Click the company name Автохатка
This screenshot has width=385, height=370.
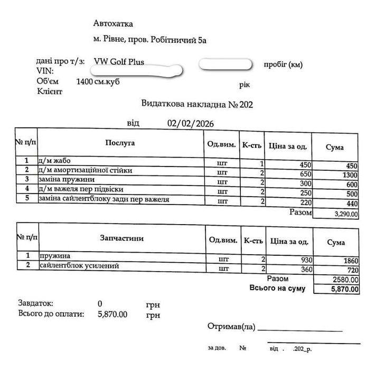pyautogui.click(x=113, y=23)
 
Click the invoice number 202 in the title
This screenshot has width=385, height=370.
pyautogui.click(x=246, y=104)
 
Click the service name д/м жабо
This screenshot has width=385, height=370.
pyautogui.click(x=54, y=161)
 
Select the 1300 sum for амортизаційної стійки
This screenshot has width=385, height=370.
pyautogui.click(x=349, y=175)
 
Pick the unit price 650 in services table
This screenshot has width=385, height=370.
pyautogui.click(x=305, y=173)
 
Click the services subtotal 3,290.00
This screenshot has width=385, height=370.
pyautogui.click(x=346, y=215)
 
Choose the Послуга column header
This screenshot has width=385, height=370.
pyautogui.click(x=120, y=143)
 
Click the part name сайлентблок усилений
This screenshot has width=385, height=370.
pyautogui.click(x=77, y=265)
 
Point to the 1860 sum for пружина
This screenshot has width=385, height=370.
pyautogui.click(x=350, y=261)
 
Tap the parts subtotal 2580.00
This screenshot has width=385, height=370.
pyautogui.click(x=346, y=279)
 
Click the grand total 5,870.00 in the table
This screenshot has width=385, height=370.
pyautogui.click(x=346, y=289)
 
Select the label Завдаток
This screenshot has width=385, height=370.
pyautogui.click(x=36, y=304)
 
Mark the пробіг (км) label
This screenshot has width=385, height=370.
pyautogui.click(x=283, y=65)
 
